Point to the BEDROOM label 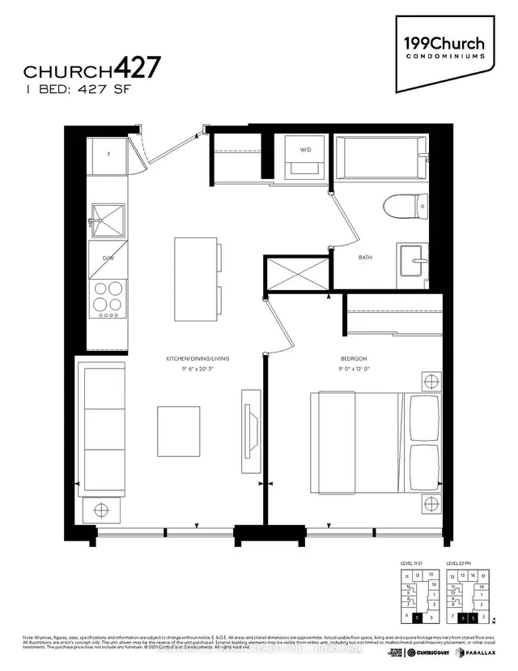pos(354,359)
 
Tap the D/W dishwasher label pos(107,258)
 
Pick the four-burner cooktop pos(107,297)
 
